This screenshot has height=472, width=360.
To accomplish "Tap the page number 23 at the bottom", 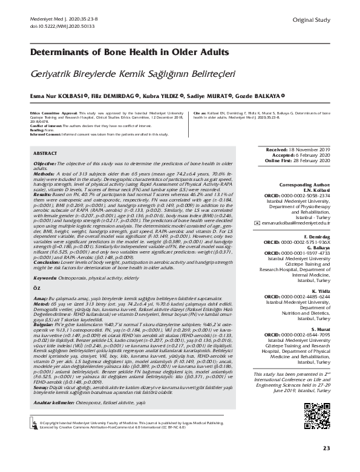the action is coord(326,448).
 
